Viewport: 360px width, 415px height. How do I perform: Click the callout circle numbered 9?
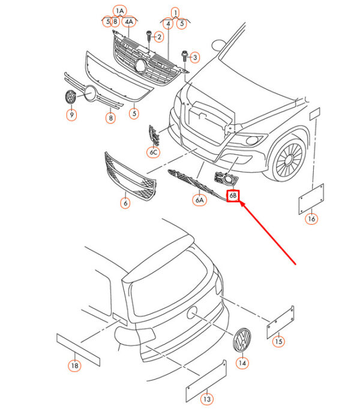71,114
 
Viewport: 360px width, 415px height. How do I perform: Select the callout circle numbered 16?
311,219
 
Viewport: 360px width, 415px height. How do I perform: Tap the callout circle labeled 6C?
153,153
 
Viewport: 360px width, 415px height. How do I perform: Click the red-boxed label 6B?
233,196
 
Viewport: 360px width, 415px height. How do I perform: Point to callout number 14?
242,363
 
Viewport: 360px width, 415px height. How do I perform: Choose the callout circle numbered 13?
206,399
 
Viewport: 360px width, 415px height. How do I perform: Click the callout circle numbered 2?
158,37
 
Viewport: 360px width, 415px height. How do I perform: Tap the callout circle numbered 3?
193,57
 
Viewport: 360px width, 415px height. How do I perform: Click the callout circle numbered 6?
125,203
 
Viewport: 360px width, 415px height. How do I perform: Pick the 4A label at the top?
129,22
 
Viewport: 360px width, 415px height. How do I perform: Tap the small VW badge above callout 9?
70,97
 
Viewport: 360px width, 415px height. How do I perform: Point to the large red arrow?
268,231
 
